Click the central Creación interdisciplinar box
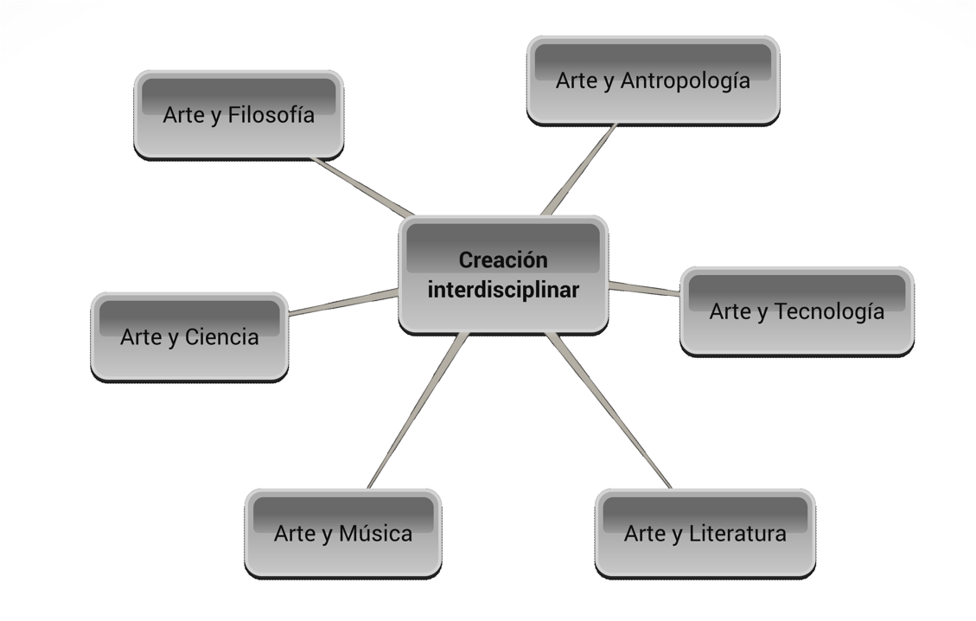click(503, 275)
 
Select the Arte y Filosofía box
click(239, 114)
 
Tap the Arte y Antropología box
click(653, 80)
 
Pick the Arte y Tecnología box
click(796, 310)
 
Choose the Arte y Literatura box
click(705, 533)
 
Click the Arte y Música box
click(342, 533)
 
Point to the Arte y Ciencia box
click(189, 336)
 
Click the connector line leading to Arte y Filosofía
click(363, 187)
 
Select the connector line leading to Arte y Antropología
click(579, 170)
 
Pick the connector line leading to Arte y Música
click(418, 411)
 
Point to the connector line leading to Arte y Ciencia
click(343, 302)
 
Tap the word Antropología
click(686, 80)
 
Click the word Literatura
click(739, 533)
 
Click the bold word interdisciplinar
click(503, 290)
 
